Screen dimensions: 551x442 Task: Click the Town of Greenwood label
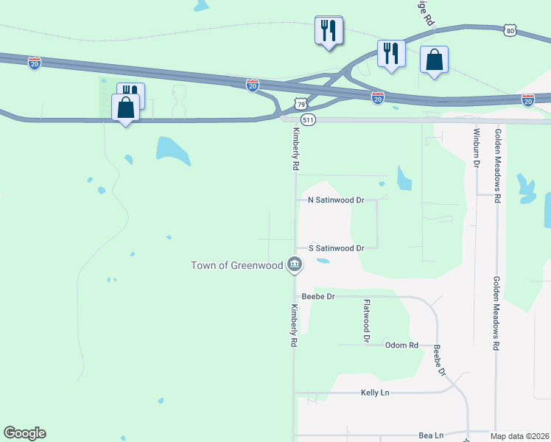[x=236, y=265]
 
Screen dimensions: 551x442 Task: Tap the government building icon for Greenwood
[x=295, y=264]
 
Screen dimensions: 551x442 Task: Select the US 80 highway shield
[x=510, y=30]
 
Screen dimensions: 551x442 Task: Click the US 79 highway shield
[x=300, y=106]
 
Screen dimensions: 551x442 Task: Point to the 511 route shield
[x=309, y=119]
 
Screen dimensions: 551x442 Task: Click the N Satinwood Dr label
[x=336, y=200]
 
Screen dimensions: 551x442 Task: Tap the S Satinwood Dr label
[x=336, y=248]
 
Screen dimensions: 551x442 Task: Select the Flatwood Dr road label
[x=366, y=320]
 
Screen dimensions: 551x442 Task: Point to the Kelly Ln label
[x=375, y=393]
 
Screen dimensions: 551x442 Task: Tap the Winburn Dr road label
[x=476, y=147]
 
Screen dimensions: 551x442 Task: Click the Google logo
[x=24, y=433]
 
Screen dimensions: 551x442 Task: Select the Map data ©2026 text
[x=520, y=436]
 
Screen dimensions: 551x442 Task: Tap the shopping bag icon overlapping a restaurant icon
[x=126, y=108]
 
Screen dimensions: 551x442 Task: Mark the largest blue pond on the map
[x=173, y=150]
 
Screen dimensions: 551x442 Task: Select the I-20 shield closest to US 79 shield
[x=252, y=85]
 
